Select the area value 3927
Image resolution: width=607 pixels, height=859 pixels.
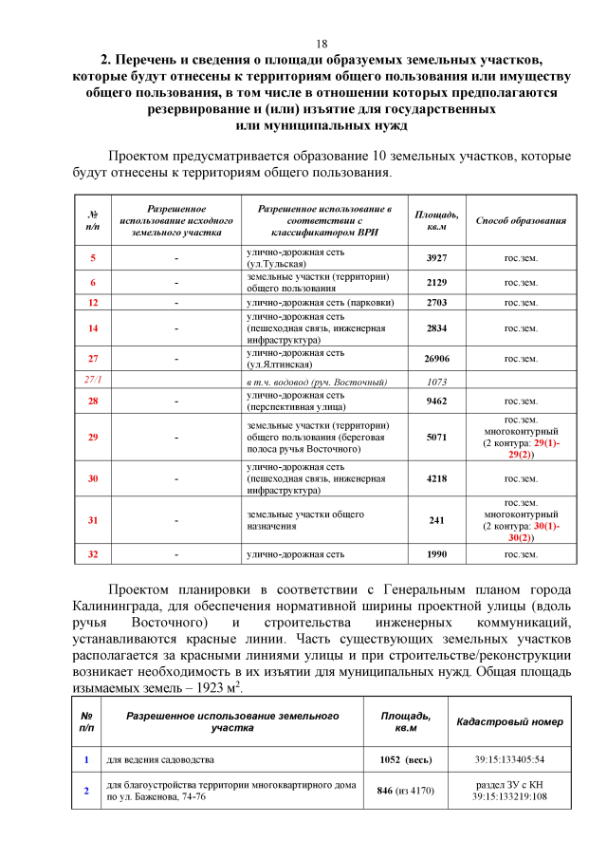(436, 258)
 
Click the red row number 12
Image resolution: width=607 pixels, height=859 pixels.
(93, 303)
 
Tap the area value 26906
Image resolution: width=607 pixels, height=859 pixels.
(436, 359)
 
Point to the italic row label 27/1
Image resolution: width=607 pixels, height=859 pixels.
(93, 381)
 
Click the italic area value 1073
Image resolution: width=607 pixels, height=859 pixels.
(436, 382)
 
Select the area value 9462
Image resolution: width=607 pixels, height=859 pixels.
(436, 401)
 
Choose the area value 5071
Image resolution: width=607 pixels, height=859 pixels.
(436, 439)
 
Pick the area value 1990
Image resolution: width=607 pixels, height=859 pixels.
(436, 554)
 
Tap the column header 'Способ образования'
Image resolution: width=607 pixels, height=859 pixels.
(521, 220)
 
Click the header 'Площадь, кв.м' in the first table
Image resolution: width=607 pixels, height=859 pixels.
(436, 220)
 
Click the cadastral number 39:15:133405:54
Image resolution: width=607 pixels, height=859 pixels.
(509, 759)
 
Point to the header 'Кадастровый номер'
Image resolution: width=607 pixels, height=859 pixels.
(509, 722)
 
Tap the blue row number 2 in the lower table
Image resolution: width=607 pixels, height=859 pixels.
(86, 791)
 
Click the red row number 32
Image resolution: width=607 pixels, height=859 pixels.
(93, 554)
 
